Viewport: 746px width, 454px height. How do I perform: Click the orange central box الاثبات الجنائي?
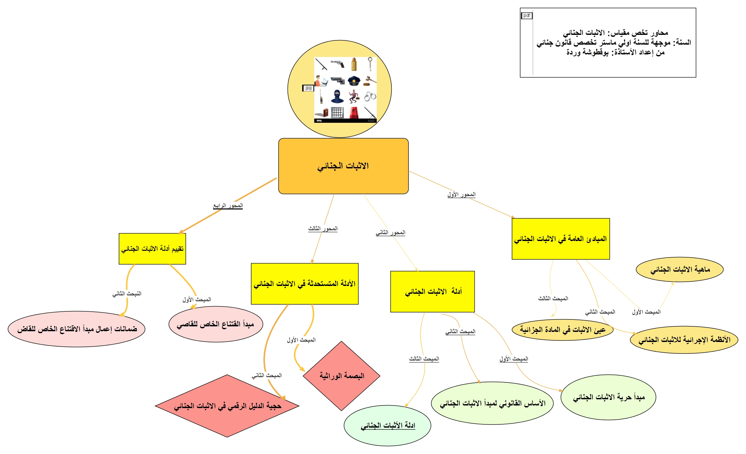(x=343, y=166)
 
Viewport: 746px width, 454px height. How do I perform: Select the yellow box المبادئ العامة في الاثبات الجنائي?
(x=561, y=239)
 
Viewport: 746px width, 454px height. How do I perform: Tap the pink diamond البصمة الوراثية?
(x=342, y=376)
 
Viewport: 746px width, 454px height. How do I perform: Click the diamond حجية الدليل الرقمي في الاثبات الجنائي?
(x=227, y=406)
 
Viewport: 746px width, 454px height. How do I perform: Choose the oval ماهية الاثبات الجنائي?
(x=680, y=269)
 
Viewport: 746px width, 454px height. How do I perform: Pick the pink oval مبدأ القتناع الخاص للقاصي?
(x=216, y=324)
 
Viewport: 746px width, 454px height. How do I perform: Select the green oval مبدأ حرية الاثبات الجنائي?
(x=608, y=397)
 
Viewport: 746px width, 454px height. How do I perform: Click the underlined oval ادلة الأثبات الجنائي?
(x=387, y=425)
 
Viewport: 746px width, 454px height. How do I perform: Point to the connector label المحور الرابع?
(x=228, y=206)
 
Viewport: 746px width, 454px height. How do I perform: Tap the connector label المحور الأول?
(x=461, y=194)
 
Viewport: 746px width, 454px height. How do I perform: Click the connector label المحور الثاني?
(x=390, y=233)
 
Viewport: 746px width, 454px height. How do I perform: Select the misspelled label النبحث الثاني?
(x=127, y=294)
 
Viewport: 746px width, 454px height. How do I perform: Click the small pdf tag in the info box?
(x=527, y=16)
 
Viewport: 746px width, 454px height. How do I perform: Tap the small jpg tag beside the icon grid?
(x=308, y=88)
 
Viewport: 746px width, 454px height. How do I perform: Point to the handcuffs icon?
(x=370, y=96)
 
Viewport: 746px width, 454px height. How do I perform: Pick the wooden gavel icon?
(x=370, y=80)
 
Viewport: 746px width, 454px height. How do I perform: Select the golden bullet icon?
(x=354, y=64)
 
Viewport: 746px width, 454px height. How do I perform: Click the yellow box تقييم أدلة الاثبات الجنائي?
(x=152, y=249)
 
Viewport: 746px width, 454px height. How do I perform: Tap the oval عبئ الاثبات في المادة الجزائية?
(x=563, y=330)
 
